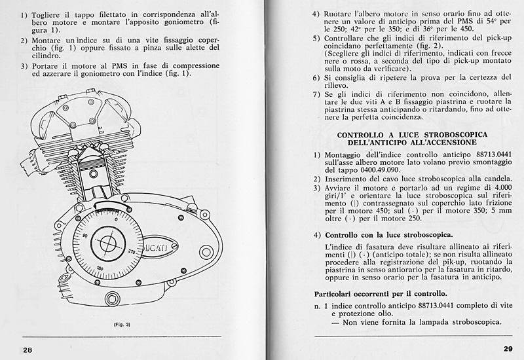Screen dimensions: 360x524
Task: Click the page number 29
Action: click(508, 348)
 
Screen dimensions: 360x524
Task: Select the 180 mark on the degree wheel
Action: click(100, 268)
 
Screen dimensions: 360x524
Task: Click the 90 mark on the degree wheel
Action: click(84, 233)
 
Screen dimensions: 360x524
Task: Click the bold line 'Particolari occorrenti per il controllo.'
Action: click(380, 293)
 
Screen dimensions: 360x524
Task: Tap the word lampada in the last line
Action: click(432, 321)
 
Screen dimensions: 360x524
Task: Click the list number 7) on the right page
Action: click(316, 94)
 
